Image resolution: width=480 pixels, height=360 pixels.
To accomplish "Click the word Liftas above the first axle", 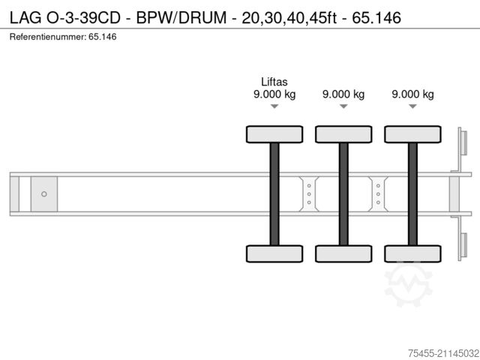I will [274, 82].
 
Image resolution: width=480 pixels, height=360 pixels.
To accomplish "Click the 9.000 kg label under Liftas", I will [274, 94].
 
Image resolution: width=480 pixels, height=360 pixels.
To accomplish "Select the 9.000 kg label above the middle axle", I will [343, 94].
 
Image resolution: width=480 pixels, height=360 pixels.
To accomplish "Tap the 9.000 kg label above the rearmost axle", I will [412, 94].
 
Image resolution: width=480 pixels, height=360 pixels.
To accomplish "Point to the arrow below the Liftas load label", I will [274, 107].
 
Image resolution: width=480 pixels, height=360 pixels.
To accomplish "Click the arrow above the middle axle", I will [343, 107].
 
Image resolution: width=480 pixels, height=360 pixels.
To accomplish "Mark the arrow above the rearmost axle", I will [412, 107].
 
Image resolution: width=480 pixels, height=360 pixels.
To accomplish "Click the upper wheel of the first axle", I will [274, 134].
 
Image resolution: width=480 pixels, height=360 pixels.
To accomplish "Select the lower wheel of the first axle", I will [274, 253].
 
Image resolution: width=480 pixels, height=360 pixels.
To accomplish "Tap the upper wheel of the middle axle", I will [343, 134].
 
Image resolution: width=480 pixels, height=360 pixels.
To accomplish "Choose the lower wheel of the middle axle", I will [343, 253].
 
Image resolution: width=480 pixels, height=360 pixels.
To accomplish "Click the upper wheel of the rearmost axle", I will [412, 134].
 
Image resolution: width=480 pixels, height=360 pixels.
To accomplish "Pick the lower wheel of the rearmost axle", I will [412, 253].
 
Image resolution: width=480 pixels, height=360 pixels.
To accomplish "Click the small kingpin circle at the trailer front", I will [44, 194].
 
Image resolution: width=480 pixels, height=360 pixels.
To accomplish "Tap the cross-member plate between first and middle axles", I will [309, 193].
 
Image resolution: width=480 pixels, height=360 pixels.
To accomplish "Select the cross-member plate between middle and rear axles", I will [378, 193].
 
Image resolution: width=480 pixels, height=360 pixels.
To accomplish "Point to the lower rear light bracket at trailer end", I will [463, 245].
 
